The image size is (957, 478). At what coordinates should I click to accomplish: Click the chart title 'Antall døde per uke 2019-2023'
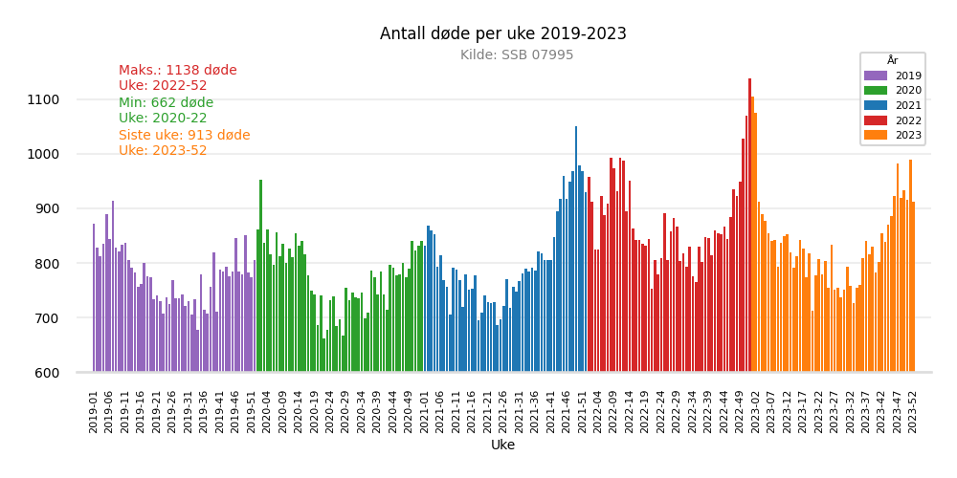(502, 34)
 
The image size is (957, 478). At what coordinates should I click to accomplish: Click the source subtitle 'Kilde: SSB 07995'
(517, 55)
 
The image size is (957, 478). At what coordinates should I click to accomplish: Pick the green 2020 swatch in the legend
(877, 91)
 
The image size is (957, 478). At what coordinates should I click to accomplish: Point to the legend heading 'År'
(892, 61)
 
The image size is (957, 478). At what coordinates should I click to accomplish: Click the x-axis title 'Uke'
(502, 445)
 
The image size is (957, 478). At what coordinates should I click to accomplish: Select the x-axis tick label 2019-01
(94, 411)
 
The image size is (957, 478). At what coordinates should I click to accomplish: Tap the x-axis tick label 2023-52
(913, 411)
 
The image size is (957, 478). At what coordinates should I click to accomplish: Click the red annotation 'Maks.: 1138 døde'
(177, 71)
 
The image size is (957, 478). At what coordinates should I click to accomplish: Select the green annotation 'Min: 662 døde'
(166, 103)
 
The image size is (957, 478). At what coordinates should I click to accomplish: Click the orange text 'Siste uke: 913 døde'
(184, 136)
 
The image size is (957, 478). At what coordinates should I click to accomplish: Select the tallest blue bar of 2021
(576, 249)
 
